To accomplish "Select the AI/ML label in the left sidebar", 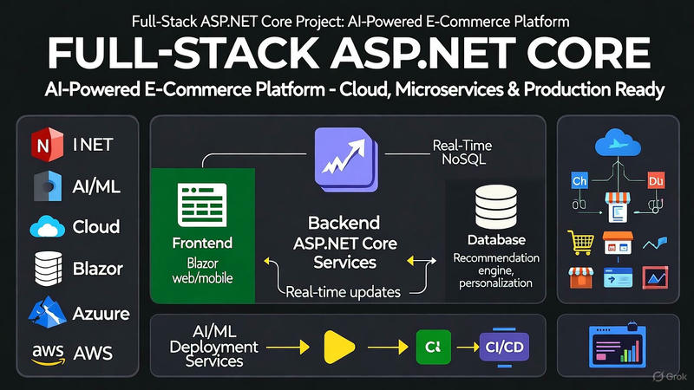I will tap(95, 185).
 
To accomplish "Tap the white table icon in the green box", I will tap(201, 204).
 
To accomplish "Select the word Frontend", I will tap(201, 244).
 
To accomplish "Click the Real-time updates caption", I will tap(344, 292).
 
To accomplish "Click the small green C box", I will tap(431, 347).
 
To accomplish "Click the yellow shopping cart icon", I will tap(579, 241).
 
